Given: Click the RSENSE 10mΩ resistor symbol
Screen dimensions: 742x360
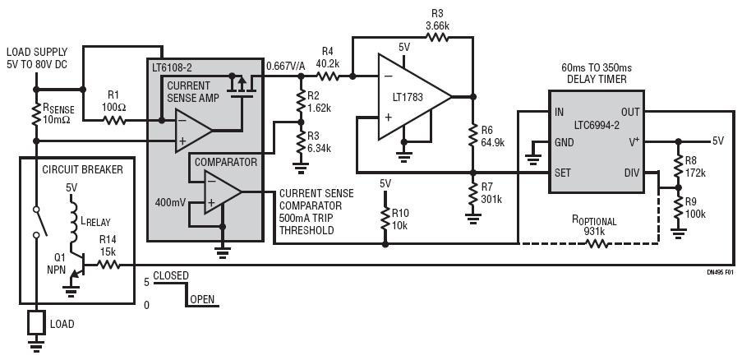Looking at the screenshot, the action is (36, 114).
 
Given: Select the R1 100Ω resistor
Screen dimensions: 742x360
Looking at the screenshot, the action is (114, 121).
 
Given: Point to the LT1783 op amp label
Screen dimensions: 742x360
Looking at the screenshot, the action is (403, 98).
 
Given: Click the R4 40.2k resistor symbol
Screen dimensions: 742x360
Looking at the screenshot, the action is (327, 76).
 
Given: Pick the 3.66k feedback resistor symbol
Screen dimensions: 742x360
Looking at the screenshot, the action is (437, 37).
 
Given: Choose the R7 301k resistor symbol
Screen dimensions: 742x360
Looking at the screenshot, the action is (472, 194).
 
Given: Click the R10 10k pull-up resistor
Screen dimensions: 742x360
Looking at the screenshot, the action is (385, 219).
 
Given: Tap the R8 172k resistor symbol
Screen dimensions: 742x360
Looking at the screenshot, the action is (678, 164).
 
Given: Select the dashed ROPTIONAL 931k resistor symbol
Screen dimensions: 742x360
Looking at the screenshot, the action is (597, 243).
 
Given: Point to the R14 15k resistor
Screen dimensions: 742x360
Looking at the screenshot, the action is (108, 265).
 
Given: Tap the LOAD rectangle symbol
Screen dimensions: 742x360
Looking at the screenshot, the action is (36, 322).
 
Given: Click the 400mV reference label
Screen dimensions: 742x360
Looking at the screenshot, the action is (169, 202).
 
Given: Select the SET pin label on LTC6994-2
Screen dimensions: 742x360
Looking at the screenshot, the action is (562, 173).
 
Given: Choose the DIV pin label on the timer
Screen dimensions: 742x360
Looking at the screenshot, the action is (631, 173).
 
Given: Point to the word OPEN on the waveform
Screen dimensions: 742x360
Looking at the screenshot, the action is (202, 299).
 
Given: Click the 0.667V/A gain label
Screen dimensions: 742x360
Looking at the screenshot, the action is (286, 67).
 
